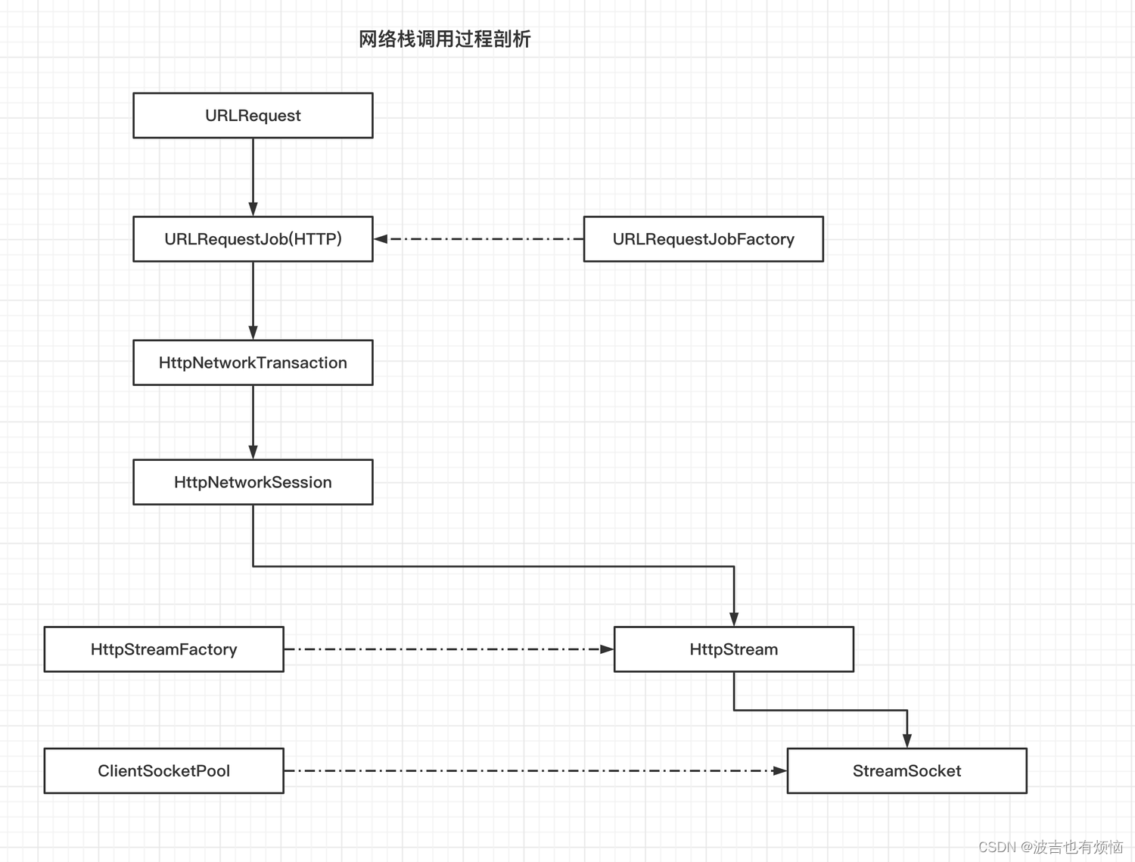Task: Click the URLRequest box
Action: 253,115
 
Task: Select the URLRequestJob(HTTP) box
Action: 253,239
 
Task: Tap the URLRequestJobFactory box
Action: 703,239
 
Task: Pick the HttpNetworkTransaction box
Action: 253,363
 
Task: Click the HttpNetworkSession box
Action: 253,482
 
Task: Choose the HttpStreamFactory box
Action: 163,649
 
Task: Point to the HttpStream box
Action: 733,649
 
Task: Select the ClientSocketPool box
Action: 163,770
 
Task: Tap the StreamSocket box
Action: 906,770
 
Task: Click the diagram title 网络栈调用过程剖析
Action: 444,39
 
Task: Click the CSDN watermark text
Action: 1050,847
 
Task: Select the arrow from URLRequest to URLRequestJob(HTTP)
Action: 253,174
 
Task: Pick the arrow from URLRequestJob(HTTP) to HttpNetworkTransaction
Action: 253,299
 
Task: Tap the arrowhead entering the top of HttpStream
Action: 733,619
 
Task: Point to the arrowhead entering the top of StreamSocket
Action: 906,740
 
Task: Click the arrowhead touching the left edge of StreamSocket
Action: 779,770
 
